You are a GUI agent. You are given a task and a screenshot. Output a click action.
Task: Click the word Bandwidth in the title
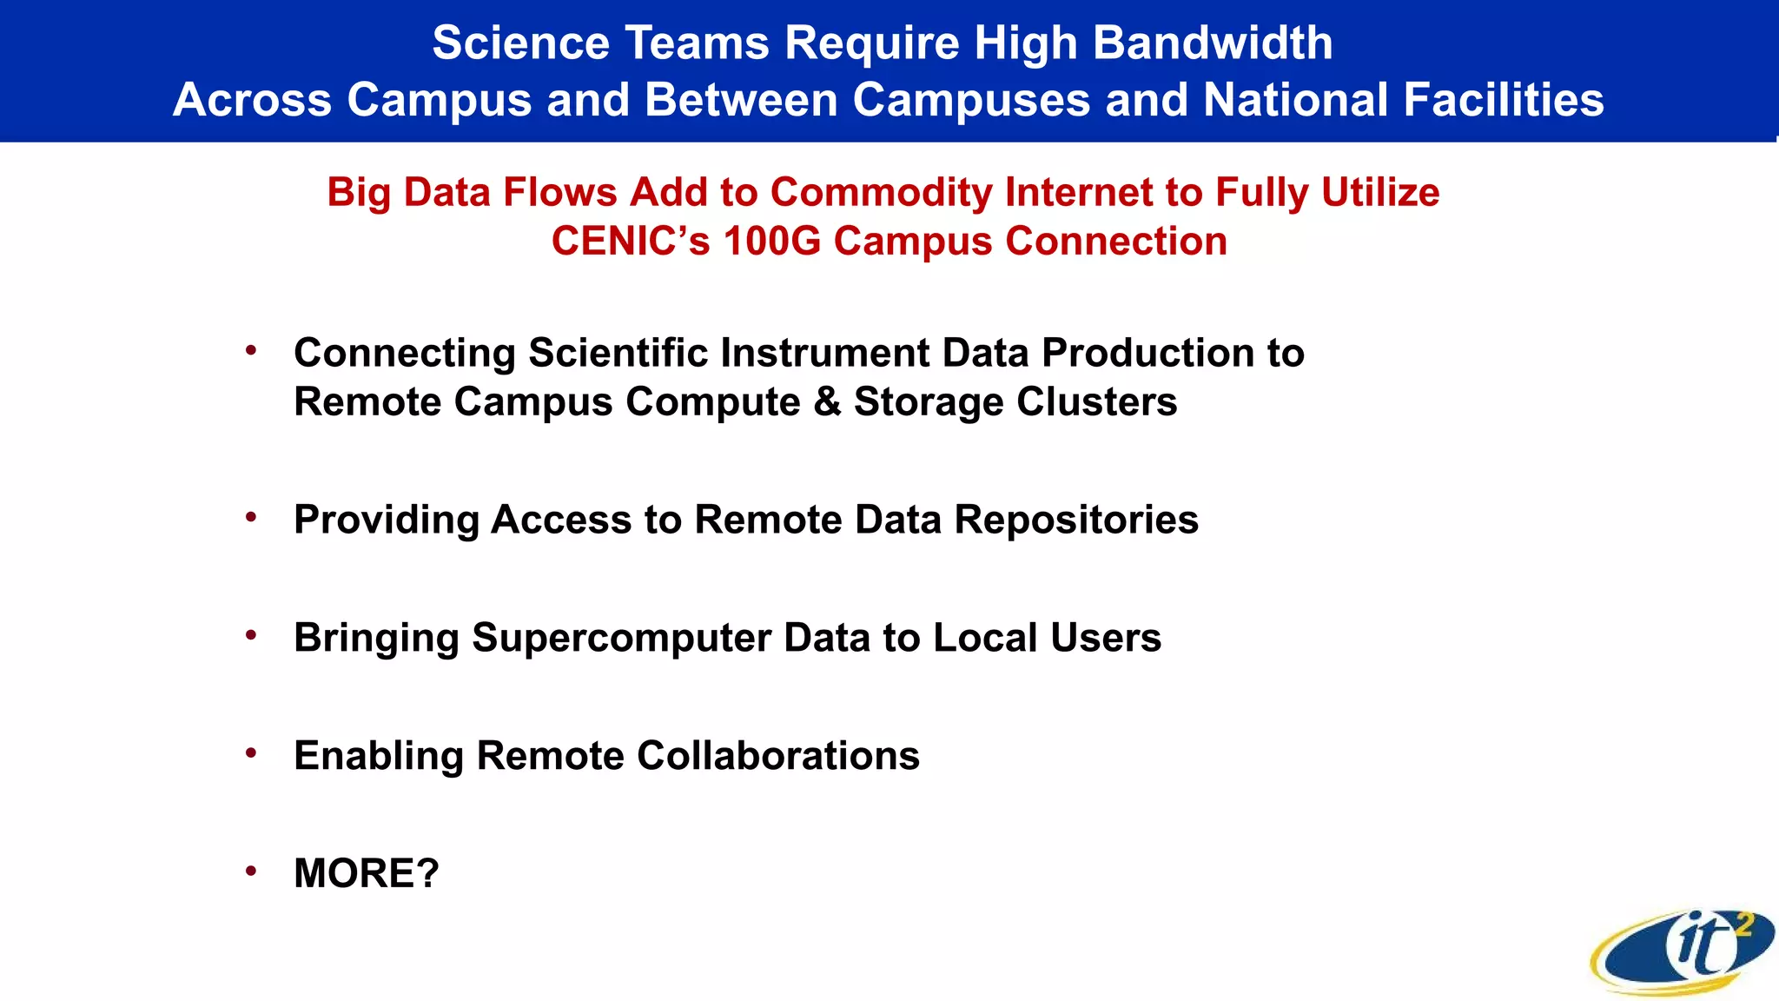pyautogui.click(x=1212, y=43)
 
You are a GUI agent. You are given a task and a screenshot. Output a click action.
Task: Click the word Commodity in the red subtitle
pyautogui.click(x=881, y=192)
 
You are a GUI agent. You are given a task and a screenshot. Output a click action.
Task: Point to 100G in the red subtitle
pyautogui.click(x=771, y=241)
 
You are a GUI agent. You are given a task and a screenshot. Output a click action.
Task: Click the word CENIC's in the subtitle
pyautogui.click(x=631, y=241)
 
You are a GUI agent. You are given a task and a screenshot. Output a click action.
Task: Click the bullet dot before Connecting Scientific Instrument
pyautogui.click(x=251, y=350)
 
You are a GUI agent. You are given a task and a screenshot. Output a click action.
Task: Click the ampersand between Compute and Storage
pyautogui.click(x=828, y=401)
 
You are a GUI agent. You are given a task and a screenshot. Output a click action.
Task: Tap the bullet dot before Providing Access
pyautogui.click(x=251, y=517)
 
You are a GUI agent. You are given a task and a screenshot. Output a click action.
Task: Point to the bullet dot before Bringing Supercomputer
pyautogui.click(x=251, y=635)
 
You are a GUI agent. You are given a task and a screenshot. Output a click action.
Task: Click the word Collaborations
pyautogui.click(x=778, y=755)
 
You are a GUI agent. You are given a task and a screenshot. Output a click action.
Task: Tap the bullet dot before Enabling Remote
pyautogui.click(x=251, y=752)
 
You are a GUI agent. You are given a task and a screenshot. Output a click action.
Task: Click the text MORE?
pyautogui.click(x=367, y=873)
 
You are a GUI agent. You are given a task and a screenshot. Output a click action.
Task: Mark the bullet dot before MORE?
pyautogui.click(x=251, y=871)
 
